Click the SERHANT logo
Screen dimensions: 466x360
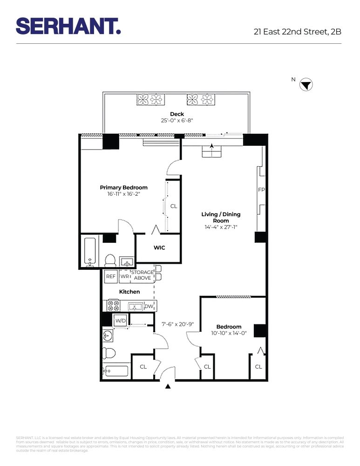tap(68, 26)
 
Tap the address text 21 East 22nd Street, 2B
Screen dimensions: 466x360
tap(298, 32)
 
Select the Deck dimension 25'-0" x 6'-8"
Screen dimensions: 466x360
tap(177, 121)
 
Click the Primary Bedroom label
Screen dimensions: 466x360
tap(123, 188)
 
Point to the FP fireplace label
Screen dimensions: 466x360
tap(261, 190)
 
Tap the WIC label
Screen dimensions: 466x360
tap(159, 248)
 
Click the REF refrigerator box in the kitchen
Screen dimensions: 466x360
tap(110, 276)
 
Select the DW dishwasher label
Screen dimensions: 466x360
tap(149, 306)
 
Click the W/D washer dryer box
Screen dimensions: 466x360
tap(120, 321)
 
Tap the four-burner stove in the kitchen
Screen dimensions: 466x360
tap(113, 306)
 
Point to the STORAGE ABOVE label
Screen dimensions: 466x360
tap(142, 275)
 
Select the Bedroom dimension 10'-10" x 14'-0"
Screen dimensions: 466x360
tap(229, 333)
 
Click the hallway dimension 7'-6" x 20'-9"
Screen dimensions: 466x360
tap(177, 324)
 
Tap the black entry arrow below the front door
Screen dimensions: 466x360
tap(168, 386)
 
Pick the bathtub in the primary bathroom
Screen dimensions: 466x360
tap(90, 252)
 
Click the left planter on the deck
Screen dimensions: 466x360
tap(149, 99)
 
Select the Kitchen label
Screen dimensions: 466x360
tap(129, 292)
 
